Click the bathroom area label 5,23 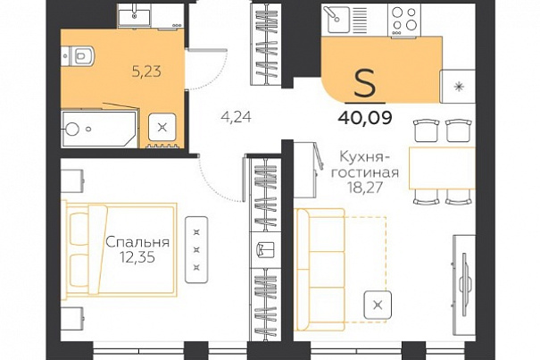(x=146, y=72)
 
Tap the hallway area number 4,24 (x=237, y=118)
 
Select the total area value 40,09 (x=365, y=118)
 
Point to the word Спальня (x=137, y=242)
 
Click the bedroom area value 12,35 (x=137, y=257)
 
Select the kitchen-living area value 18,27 (x=365, y=188)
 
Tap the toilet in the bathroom (x=79, y=55)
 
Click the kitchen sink (x=335, y=20)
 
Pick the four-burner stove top (x=404, y=20)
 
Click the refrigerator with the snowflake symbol (x=458, y=87)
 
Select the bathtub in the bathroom (x=99, y=129)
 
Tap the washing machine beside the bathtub (x=162, y=128)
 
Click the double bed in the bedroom (x=120, y=250)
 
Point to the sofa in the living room (x=320, y=269)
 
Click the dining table (x=442, y=168)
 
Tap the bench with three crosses (x=196, y=249)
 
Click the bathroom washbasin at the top (x=134, y=15)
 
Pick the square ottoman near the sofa (x=378, y=305)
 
